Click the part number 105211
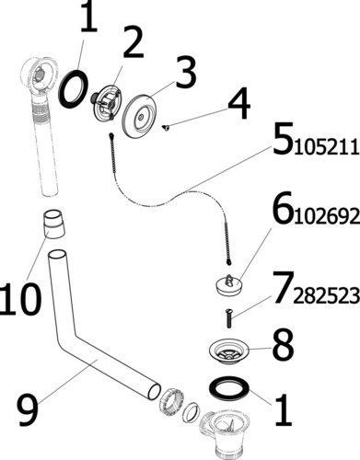click(327, 148)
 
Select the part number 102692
click(327, 216)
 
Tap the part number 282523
click(327, 295)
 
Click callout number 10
click(21, 298)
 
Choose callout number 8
click(283, 344)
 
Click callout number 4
click(238, 103)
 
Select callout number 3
click(185, 72)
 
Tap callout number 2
click(134, 42)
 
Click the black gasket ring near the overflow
click(74, 89)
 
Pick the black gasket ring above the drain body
click(228, 387)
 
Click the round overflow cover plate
click(143, 116)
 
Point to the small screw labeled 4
click(166, 128)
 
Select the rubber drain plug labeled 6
click(229, 285)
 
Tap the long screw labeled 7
click(228, 317)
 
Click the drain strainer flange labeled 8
click(229, 351)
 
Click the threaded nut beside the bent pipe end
click(171, 400)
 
